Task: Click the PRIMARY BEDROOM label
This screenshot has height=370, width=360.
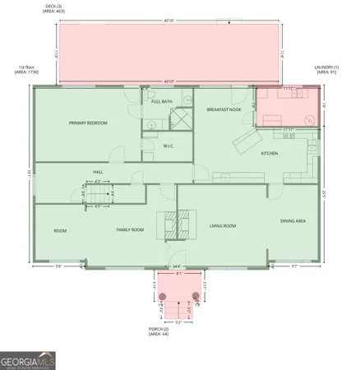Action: coord(88,123)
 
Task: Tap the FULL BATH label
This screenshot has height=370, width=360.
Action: coord(161,101)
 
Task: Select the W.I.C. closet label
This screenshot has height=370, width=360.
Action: coord(168,147)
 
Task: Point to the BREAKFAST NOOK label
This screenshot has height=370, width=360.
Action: coord(224,109)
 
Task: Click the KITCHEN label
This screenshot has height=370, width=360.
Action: coord(270,154)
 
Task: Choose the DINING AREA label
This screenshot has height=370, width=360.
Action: coord(293,220)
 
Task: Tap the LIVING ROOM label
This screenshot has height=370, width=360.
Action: coord(223,225)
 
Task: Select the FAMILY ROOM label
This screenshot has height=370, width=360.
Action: coord(130,229)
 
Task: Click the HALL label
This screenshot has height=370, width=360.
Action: coord(98,172)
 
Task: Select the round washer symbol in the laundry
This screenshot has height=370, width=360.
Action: coord(310,120)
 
